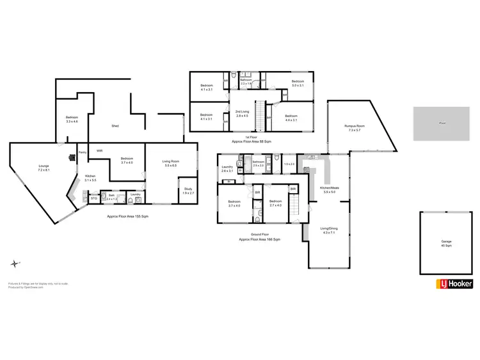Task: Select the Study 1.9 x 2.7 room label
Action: click(188, 190)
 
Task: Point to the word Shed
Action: click(115, 126)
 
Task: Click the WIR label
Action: click(100, 151)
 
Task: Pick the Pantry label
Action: click(83, 152)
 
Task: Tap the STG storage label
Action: click(94, 199)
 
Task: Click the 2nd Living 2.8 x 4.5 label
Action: click(242, 114)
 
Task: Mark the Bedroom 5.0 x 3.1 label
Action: click(298, 83)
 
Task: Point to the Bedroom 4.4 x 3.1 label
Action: click(292, 118)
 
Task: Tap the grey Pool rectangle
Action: click(443, 123)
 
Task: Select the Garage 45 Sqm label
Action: click(446, 243)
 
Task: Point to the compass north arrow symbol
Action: click(14, 263)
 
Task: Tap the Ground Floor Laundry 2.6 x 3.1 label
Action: click(228, 171)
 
